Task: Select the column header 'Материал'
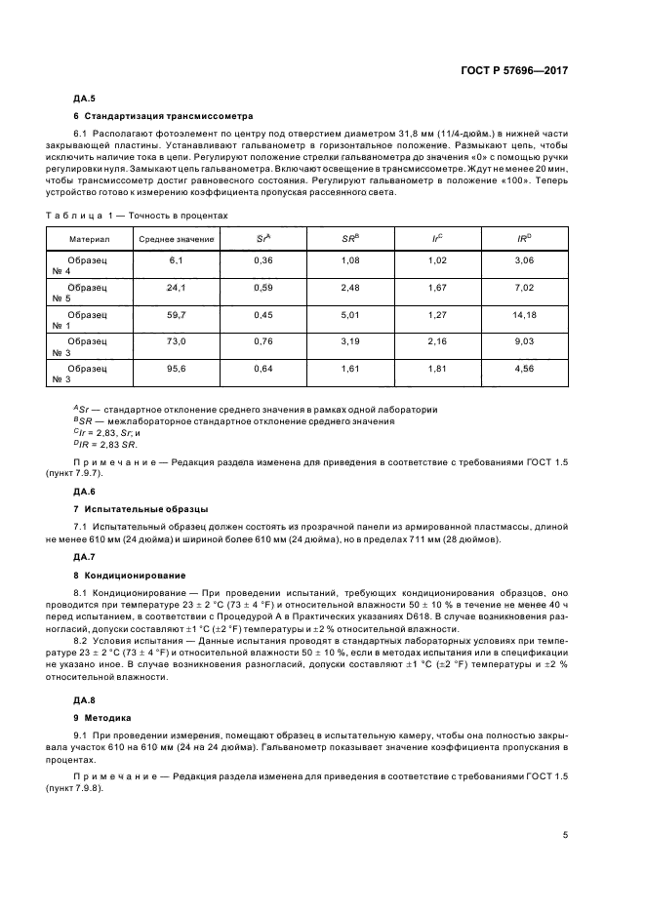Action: [x=90, y=239]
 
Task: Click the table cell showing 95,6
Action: [x=176, y=370]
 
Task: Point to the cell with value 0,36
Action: [x=262, y=260]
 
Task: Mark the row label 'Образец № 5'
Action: [x=90, y=294]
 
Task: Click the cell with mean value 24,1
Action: [x=176, y=288]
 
